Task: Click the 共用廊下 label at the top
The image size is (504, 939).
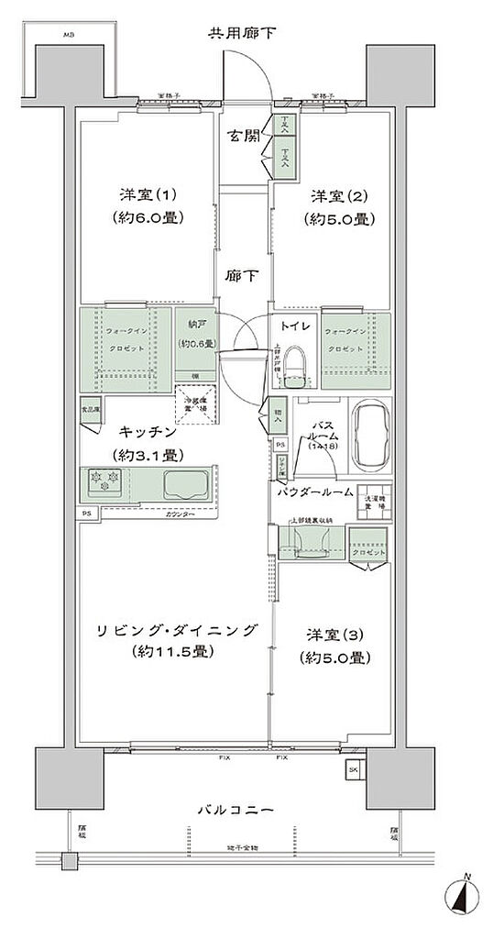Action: tap(242, 35)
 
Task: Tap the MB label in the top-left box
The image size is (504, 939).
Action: tap(68, 35)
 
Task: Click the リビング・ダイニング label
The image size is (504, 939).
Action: tap(174, 631)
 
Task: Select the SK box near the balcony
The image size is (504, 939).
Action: tap(355, 769)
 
